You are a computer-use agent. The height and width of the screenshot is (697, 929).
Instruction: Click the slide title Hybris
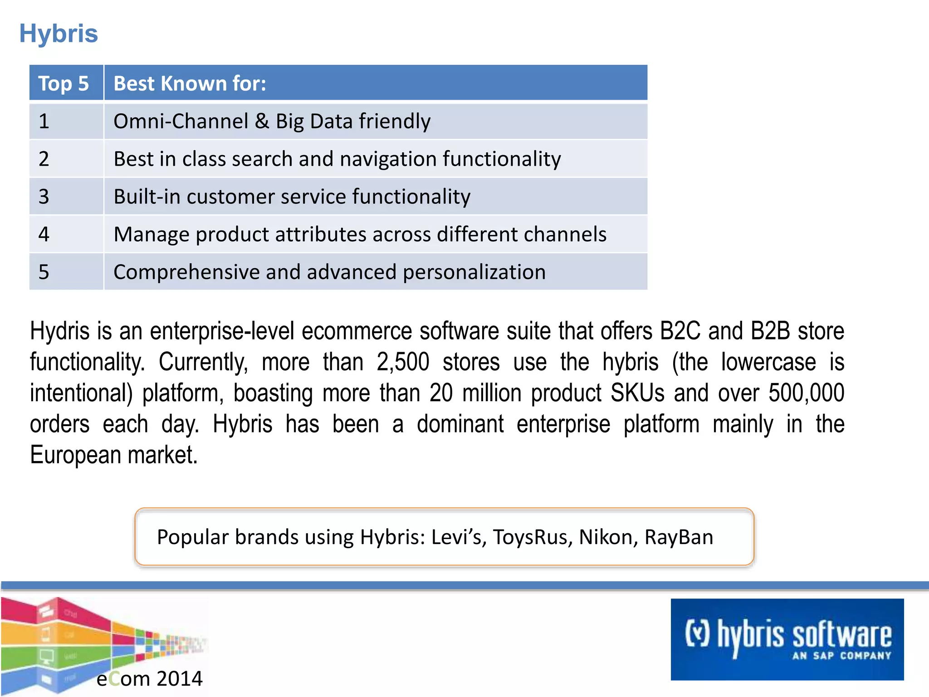coord(59,34)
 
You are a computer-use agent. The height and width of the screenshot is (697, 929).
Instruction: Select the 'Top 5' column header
coord(64,83)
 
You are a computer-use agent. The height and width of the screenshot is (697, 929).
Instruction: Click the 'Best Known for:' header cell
coord(190,83)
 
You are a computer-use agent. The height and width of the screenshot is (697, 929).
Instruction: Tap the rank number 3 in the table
coord(44,196)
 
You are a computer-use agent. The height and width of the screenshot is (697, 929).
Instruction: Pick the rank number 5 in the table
coord(44,272)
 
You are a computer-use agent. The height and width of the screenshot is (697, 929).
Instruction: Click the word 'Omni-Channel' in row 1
coord(181,121)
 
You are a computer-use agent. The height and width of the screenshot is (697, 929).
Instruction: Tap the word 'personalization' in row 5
coord(474,272)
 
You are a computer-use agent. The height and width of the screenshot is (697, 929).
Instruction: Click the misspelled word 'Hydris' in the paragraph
coord(60,331)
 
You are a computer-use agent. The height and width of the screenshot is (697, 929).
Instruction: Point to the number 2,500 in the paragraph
coord(403,362)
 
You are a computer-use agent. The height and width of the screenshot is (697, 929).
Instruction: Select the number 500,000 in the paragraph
coord(806,393)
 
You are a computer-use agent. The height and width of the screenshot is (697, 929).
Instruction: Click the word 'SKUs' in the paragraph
coord(637,393)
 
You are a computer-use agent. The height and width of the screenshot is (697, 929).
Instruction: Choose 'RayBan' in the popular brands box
coord(679,537)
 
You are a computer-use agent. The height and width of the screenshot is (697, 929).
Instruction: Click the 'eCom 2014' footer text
coord(149,679)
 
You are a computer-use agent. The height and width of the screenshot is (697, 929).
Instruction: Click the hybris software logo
coord(787,639)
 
